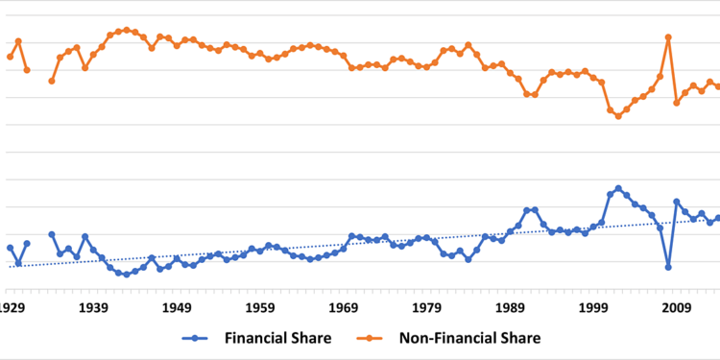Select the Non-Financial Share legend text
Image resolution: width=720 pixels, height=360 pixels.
(477, 338)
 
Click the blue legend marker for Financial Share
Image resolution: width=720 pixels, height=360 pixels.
(196, 338)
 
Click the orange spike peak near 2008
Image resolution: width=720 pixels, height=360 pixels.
(668, 36)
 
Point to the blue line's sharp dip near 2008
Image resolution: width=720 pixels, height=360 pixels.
(668, 267)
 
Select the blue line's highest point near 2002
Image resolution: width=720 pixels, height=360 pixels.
(618, 188)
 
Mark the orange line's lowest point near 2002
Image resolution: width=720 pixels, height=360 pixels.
(618, 116)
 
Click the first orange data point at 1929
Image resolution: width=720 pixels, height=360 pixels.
(10, 57)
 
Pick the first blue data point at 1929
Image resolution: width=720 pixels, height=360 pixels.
(10, 248)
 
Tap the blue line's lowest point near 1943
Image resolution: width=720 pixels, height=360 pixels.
(127, 275)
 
